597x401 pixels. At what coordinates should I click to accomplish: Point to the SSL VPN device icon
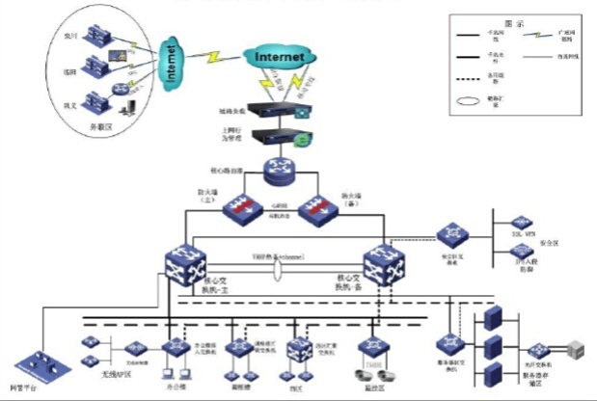[522, 223]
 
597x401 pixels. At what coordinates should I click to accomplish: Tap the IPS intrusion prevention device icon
[522, 253]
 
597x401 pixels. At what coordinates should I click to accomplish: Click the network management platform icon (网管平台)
[42, 364]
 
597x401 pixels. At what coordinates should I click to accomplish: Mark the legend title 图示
[513, 23]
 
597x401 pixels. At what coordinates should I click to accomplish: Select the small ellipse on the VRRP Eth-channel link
[277, 273]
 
